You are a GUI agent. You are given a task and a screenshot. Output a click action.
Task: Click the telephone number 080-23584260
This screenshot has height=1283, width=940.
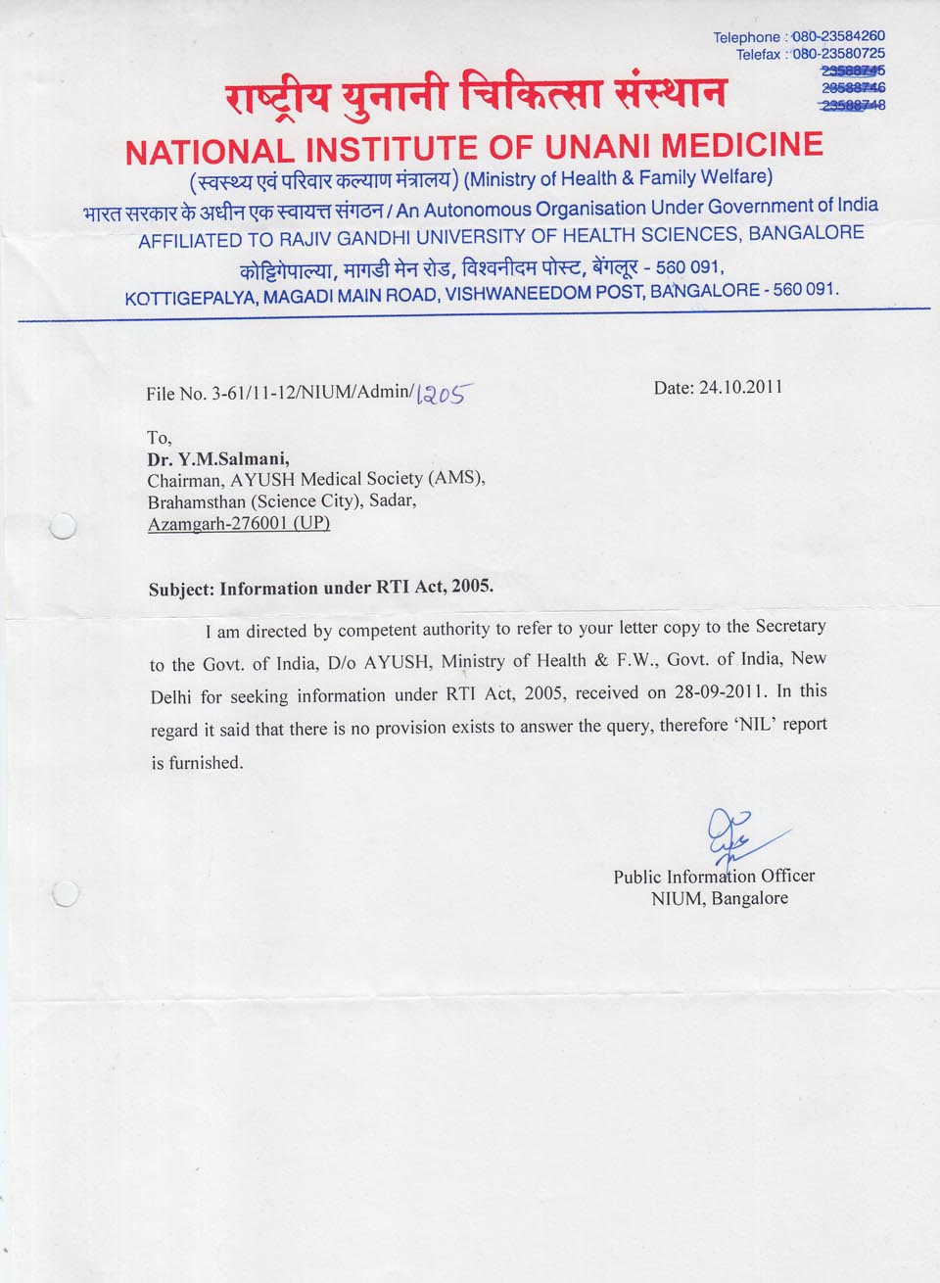838,36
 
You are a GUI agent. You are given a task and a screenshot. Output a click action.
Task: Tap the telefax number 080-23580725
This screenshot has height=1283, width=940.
838,53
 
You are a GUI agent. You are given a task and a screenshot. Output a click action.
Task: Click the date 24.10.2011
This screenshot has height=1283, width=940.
740,387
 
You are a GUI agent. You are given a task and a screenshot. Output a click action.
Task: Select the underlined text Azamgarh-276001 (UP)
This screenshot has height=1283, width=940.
238,524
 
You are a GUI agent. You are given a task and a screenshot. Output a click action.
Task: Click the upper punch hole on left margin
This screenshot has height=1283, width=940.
63,527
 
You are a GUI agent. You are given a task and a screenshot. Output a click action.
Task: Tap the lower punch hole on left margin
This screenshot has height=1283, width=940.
66,893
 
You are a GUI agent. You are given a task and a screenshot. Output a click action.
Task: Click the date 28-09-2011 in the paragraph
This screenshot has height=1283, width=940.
720,692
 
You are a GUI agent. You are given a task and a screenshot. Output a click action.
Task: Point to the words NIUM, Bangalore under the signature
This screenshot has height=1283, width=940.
719,898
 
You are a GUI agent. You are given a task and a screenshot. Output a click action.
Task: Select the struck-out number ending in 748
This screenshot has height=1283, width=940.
853,105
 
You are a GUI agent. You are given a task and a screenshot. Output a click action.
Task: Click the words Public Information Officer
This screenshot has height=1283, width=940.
714,876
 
